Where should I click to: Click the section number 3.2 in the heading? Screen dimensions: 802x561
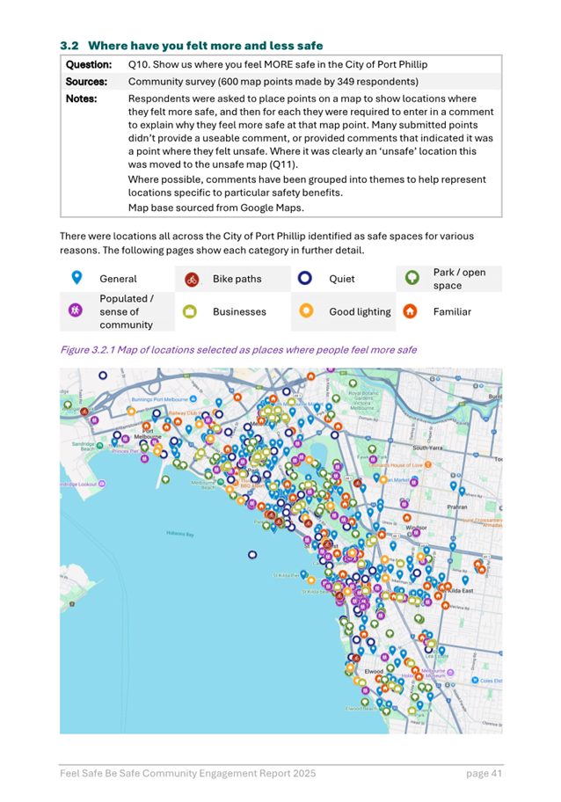coord(69,45)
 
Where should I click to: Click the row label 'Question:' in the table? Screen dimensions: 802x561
coord(89,65)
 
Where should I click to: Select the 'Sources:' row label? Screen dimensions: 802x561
coord(87,82)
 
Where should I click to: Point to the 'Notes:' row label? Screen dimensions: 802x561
coord(82,98)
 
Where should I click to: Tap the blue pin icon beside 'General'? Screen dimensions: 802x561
coord(76,278)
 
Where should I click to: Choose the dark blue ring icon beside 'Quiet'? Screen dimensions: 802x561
coord(305,279)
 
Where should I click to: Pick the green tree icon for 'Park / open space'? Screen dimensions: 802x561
coord(409,279)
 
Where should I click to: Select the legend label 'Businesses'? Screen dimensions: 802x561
coord(239,311)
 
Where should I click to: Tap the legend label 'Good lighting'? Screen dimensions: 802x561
coord(360,311)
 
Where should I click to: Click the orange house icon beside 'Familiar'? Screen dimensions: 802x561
coord(409,311)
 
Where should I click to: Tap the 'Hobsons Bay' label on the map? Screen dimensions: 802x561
coord(179,534)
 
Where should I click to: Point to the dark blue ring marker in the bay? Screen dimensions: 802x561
coord(253,555)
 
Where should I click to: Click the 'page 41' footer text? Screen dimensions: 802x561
coord(484,773)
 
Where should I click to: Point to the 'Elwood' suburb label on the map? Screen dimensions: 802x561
coord(375,671)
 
